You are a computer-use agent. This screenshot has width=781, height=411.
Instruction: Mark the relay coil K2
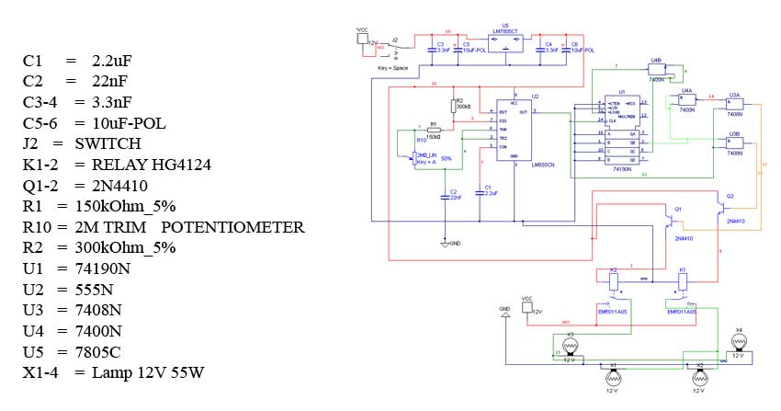(614, 285)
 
